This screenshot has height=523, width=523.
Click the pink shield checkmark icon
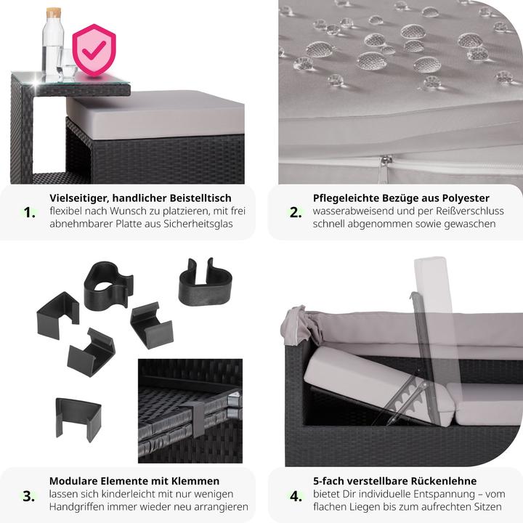click(94, 50)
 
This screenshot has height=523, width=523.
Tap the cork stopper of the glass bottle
click(54, 12)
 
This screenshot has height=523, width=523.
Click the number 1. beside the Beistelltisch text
click(29, 212)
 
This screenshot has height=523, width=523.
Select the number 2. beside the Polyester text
click(296, 212)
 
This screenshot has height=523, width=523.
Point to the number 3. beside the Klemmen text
click(28, 496)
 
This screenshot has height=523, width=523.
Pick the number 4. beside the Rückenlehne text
click(296, 496)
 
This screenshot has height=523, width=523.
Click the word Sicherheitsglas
click(198, 224)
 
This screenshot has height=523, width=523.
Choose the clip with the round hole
click(108, 285)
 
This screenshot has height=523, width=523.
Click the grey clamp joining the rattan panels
click(198, 419)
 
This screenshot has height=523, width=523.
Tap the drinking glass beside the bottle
click(66, 65)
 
